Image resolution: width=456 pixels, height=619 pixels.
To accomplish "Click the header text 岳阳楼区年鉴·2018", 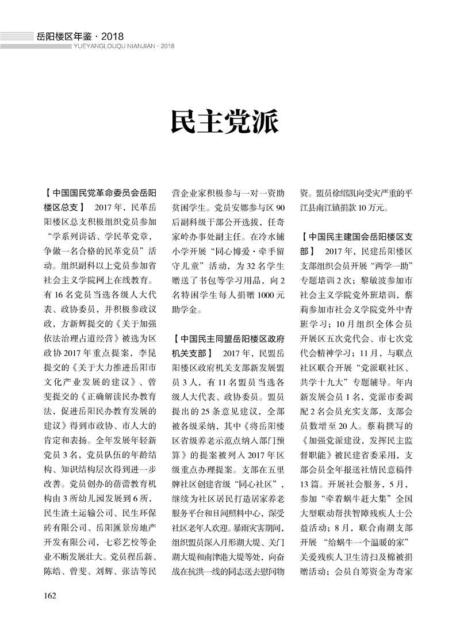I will pos(80,36).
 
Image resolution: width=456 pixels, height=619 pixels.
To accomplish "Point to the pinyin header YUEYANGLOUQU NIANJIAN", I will pos(115,47).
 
